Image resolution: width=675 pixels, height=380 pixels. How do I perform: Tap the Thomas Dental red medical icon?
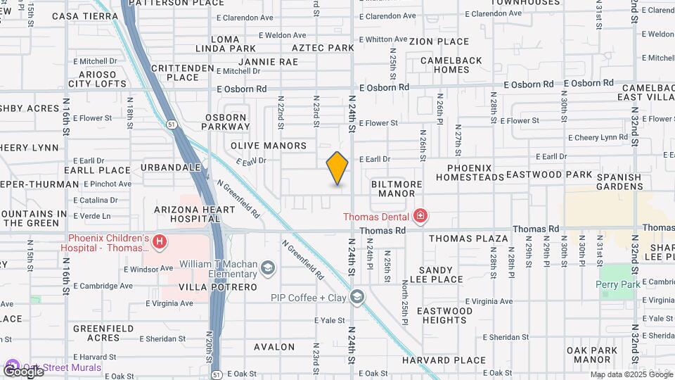point(420,215)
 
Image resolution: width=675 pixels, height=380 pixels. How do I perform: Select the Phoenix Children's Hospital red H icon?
point(160,243)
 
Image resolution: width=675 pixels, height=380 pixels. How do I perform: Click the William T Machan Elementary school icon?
point(268,267)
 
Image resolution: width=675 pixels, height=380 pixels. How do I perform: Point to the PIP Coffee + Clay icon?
point(358,298)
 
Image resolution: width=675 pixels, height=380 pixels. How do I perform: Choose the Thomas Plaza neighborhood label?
point(468,239)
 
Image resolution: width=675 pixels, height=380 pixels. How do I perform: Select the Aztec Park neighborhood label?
point(323,48)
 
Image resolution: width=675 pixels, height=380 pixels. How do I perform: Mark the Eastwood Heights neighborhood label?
point(444,315)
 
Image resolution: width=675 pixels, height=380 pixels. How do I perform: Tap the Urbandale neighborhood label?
point(171,167)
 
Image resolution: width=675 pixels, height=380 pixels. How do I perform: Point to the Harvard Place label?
point(444,360)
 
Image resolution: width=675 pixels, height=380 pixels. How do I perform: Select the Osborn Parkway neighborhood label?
point(227,122)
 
